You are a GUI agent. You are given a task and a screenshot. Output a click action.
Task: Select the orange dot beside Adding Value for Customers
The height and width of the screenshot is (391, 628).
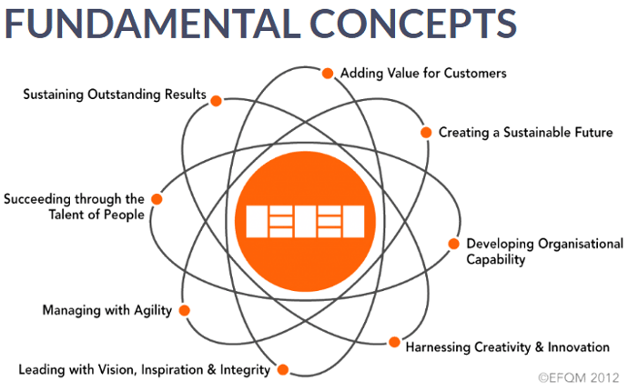328,73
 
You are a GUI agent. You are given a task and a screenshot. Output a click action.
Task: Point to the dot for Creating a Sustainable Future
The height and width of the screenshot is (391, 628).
426,132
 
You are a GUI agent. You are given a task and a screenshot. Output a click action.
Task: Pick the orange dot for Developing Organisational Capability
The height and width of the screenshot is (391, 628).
453,244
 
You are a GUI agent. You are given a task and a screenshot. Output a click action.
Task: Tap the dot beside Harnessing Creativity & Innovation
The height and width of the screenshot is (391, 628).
394,343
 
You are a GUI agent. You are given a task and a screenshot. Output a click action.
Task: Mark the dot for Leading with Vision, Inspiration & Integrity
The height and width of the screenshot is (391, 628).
282,369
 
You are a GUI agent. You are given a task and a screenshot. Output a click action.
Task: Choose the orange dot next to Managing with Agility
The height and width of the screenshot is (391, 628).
185,310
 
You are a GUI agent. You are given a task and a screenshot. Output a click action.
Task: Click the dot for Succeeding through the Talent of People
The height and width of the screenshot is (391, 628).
157,198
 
